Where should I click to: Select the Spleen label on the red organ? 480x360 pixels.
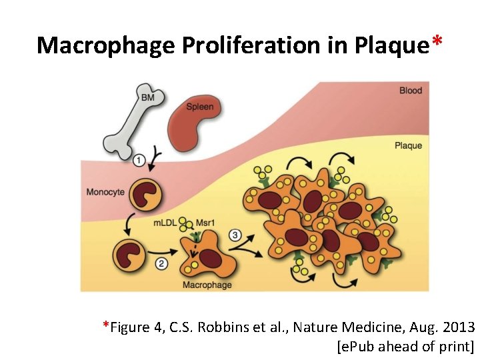tap(199, 107)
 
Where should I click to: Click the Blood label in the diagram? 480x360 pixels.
tap(411, 91)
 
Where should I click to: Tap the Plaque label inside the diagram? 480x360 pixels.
tap(408, 145)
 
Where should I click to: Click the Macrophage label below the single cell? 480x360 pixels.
tap(207, 285)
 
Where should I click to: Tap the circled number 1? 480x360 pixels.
tap(139, 160)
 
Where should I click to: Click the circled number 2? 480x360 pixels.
tap(161, 264)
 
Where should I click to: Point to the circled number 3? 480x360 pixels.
tap(235, 235)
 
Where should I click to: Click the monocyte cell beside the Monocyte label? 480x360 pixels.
tap(146, 194)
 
